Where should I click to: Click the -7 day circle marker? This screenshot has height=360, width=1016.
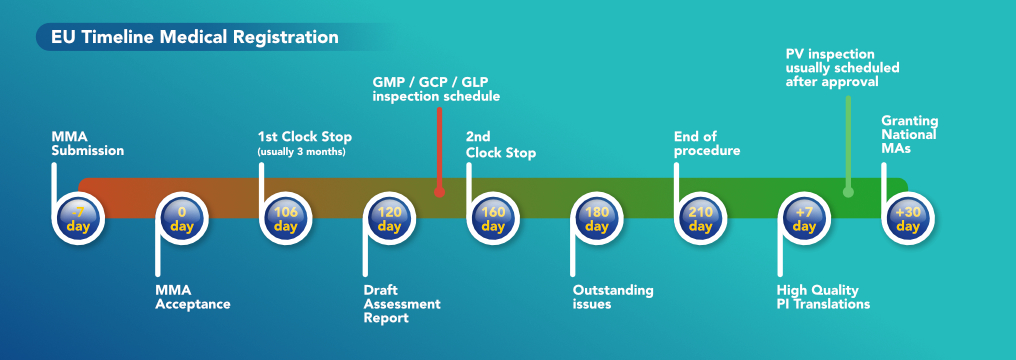coord(78,219)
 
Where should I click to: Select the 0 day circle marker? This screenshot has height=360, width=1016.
coord(182,219)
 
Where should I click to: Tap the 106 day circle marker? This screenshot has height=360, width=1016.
coord(286,219)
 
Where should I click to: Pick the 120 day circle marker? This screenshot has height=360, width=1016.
coord(389,219)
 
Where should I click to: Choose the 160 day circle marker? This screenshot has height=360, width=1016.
coord(493,219)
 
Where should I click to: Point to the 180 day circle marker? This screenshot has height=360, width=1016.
coord(597,219)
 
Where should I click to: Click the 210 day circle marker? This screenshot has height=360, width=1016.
coord(700,219)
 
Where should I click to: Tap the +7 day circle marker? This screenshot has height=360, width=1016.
coord(804,219)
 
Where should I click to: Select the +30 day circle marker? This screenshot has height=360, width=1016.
coord(908,219)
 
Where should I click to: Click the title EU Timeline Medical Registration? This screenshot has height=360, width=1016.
coord(195,37)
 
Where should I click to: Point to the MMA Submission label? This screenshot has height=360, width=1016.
coord(87,144)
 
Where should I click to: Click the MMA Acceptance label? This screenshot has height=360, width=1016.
coord(193,297)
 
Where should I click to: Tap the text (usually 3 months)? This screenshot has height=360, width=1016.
coord(301,152)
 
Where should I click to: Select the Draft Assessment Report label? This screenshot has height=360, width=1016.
coord(402,303)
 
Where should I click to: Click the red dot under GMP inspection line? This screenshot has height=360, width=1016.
coord(439,192)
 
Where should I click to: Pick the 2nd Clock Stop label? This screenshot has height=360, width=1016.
coord(501,144)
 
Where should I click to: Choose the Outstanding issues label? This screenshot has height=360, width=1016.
coord(612,297)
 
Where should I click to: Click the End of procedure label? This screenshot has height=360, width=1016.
coord(707,144)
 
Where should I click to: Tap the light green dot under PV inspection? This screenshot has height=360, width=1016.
coord(848,192)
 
